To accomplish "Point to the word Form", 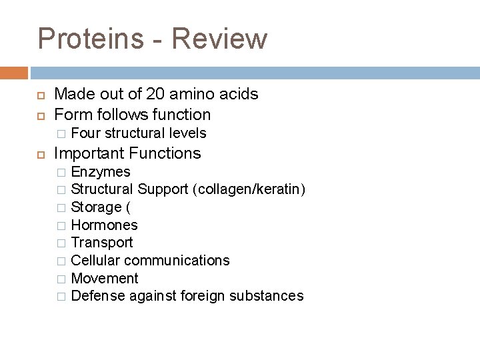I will coord(72,114).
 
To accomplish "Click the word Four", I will coord(85,133).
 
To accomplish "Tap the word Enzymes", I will coord(101,173).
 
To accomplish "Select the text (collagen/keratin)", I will coord(249,190).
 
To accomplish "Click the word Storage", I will coord(95,207).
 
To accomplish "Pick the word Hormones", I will coord(104,225).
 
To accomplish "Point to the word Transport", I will coord(101,243).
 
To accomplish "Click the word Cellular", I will coord(96,260).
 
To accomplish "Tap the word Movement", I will coord(104,278).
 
